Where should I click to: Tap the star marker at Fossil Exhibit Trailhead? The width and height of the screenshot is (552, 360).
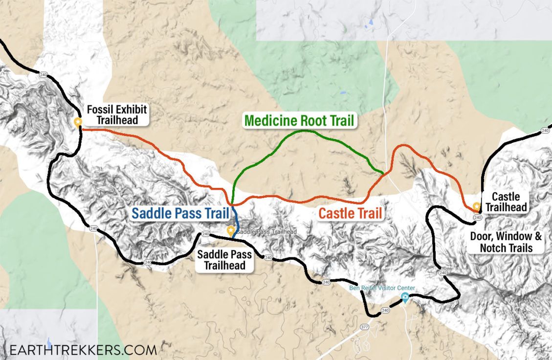tap(77, 122)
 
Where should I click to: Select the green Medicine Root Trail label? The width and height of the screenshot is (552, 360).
tap(299, 121)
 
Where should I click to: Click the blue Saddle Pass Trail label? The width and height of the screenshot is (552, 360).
tap(180, 214)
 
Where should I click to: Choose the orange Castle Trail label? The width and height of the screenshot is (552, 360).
tap(350, 213)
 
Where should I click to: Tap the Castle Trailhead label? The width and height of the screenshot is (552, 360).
tap(509, 202)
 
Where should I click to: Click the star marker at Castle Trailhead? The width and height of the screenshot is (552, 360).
tap(476, 206)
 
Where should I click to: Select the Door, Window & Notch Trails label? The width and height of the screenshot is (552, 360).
tap(506, 242)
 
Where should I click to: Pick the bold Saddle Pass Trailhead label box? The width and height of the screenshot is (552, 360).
tap(224, 260)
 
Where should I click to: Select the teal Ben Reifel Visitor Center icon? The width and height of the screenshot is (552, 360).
tap(404, 297)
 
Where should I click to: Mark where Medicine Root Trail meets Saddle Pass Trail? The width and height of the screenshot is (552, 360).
tap(232, 203)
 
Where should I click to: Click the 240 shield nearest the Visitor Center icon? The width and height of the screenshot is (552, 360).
tap(385, 310)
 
